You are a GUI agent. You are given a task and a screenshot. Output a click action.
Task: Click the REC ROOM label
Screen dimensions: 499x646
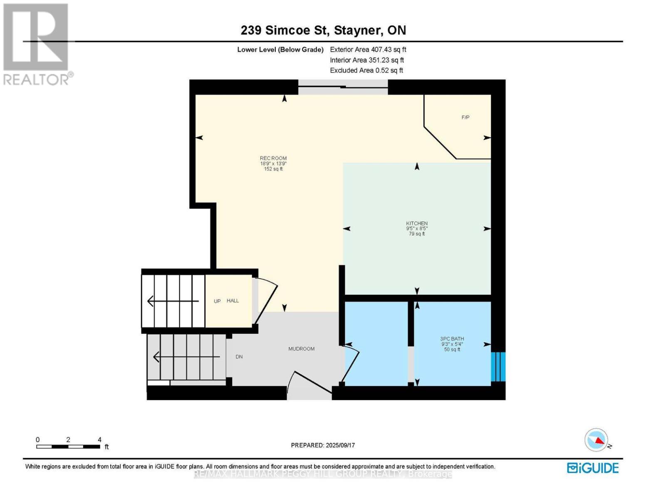coord(273,158)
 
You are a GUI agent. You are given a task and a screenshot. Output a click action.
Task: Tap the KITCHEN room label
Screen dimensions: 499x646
coord(417,223)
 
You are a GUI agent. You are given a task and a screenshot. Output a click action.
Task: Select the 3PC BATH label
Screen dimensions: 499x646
coord(452,339)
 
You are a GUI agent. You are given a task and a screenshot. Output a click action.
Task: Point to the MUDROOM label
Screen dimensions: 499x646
coord(301,349)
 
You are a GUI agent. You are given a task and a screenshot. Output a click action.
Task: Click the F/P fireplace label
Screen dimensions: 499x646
coord(465,118)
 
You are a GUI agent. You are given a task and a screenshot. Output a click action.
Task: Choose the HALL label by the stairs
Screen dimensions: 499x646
coord(233,301)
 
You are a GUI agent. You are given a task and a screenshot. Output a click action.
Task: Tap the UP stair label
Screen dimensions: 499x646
coord(217,301)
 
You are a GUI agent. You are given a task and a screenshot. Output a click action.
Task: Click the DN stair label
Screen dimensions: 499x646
coord(239,357)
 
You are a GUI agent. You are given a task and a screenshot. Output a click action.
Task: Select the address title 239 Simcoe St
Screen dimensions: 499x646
coord(323,30)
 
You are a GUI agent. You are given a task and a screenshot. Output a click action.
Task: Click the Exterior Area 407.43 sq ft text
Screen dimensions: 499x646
coord(368,49)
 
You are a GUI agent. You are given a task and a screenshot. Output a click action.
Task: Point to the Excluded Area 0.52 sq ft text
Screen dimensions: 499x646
coord(366,70)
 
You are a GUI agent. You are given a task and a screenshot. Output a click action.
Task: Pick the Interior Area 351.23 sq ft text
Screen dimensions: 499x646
coord(366,60)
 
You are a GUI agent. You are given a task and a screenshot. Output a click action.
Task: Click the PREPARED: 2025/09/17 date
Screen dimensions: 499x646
coord(323,445)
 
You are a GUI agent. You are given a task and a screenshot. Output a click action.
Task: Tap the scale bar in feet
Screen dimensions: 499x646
coord(68,447)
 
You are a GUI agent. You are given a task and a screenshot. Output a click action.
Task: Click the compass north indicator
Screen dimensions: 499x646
coord(597,440)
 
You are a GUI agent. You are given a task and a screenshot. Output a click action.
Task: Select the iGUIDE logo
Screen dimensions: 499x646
coord(593,468)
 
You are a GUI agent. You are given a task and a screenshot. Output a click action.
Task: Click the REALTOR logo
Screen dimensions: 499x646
coord(37,44)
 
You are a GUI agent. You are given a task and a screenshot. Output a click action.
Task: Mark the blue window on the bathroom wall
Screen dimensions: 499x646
coord(498,367)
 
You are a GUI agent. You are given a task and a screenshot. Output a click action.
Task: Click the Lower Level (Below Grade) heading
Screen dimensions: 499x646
coord(280,49)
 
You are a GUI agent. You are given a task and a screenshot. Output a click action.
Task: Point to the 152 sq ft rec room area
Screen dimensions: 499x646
coord(273,169)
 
